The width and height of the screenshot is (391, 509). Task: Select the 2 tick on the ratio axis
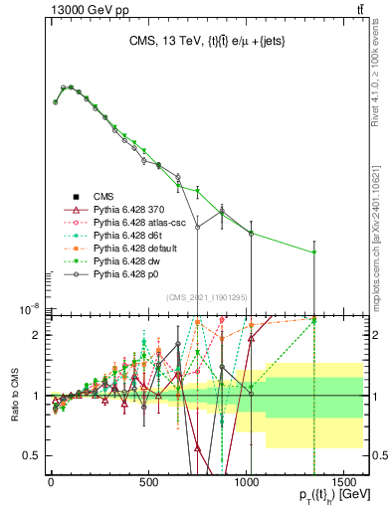[37, 335]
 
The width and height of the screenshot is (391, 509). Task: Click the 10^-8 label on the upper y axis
[28, 309]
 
